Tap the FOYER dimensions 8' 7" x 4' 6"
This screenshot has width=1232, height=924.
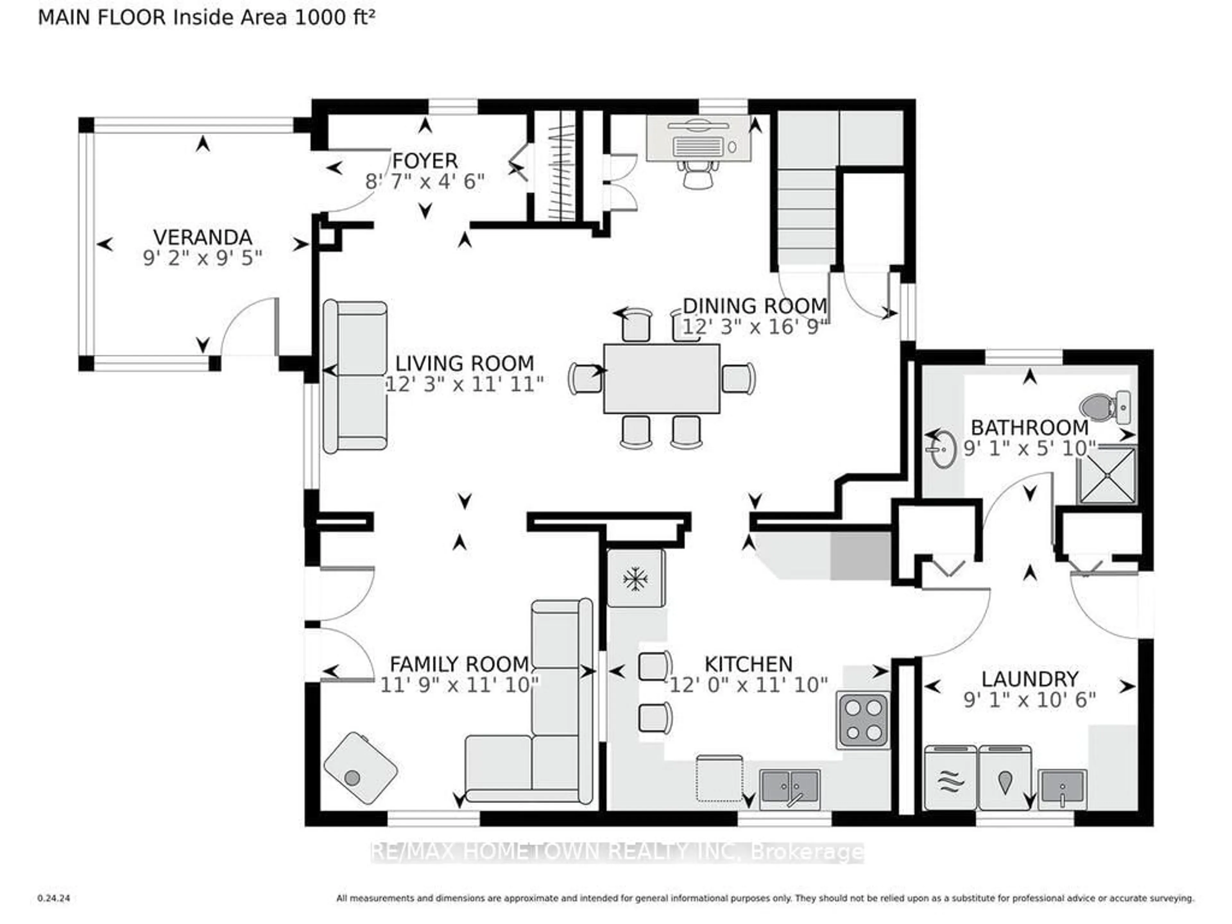tap(424, 182)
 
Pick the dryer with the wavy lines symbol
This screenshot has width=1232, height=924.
tap(950, 778)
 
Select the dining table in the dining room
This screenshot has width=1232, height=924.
tap(662, 379)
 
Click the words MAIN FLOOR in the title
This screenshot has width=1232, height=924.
tap(102, 18)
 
